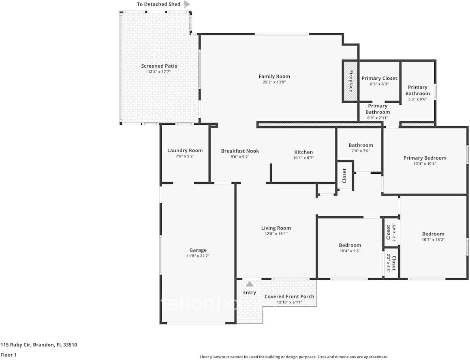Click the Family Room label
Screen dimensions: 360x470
click(x=274, y=77)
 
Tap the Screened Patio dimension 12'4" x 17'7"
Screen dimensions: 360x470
click(x=159, y=72)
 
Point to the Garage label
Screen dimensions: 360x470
click(x=198, y=250)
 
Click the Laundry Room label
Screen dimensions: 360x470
click(x=185, y=151)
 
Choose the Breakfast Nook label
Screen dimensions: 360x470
click(x=240, y=151)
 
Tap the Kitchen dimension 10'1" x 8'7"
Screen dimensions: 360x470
click(x=303, y=158)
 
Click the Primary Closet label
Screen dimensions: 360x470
click(x=379, y=78)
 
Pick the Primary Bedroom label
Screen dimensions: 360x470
click(x=425, y=158)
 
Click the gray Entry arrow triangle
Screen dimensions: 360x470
click(x=250, y=284)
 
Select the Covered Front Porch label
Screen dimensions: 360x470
click(x=289, y=296)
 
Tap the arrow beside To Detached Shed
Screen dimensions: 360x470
click(x=187, y=4)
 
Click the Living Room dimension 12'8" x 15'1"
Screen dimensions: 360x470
click(x=276, y=234)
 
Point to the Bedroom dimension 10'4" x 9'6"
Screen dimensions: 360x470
click(x=350, y=251)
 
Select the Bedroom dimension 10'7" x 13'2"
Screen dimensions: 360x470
click(x=433, y=239)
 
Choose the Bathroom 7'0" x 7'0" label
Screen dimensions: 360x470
click(x=361, y=145)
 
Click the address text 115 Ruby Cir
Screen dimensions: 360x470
click(x=39, y=345)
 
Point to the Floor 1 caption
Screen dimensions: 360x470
click(x=9, y=355)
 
